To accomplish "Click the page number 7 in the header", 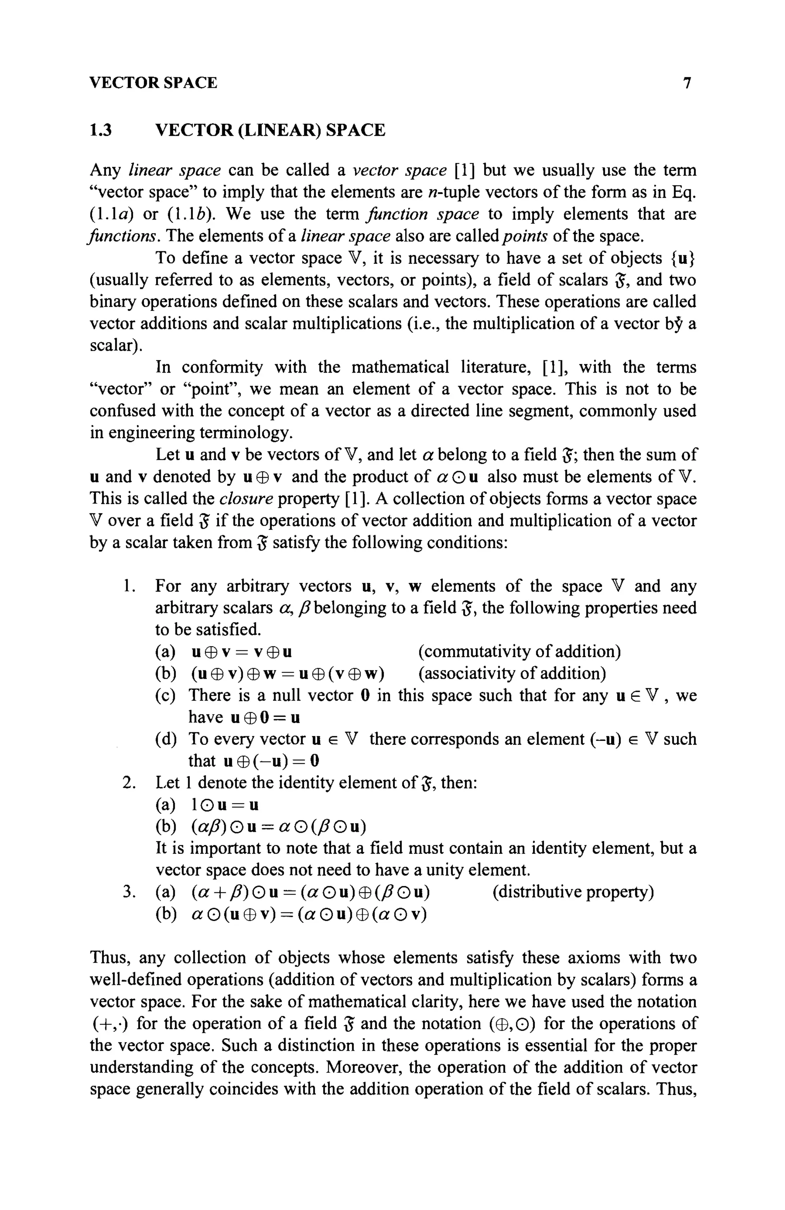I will click(x=687, y=83).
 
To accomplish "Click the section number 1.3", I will click(x=100, y=131).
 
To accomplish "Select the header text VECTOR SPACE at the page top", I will click(x=153, y=83).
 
